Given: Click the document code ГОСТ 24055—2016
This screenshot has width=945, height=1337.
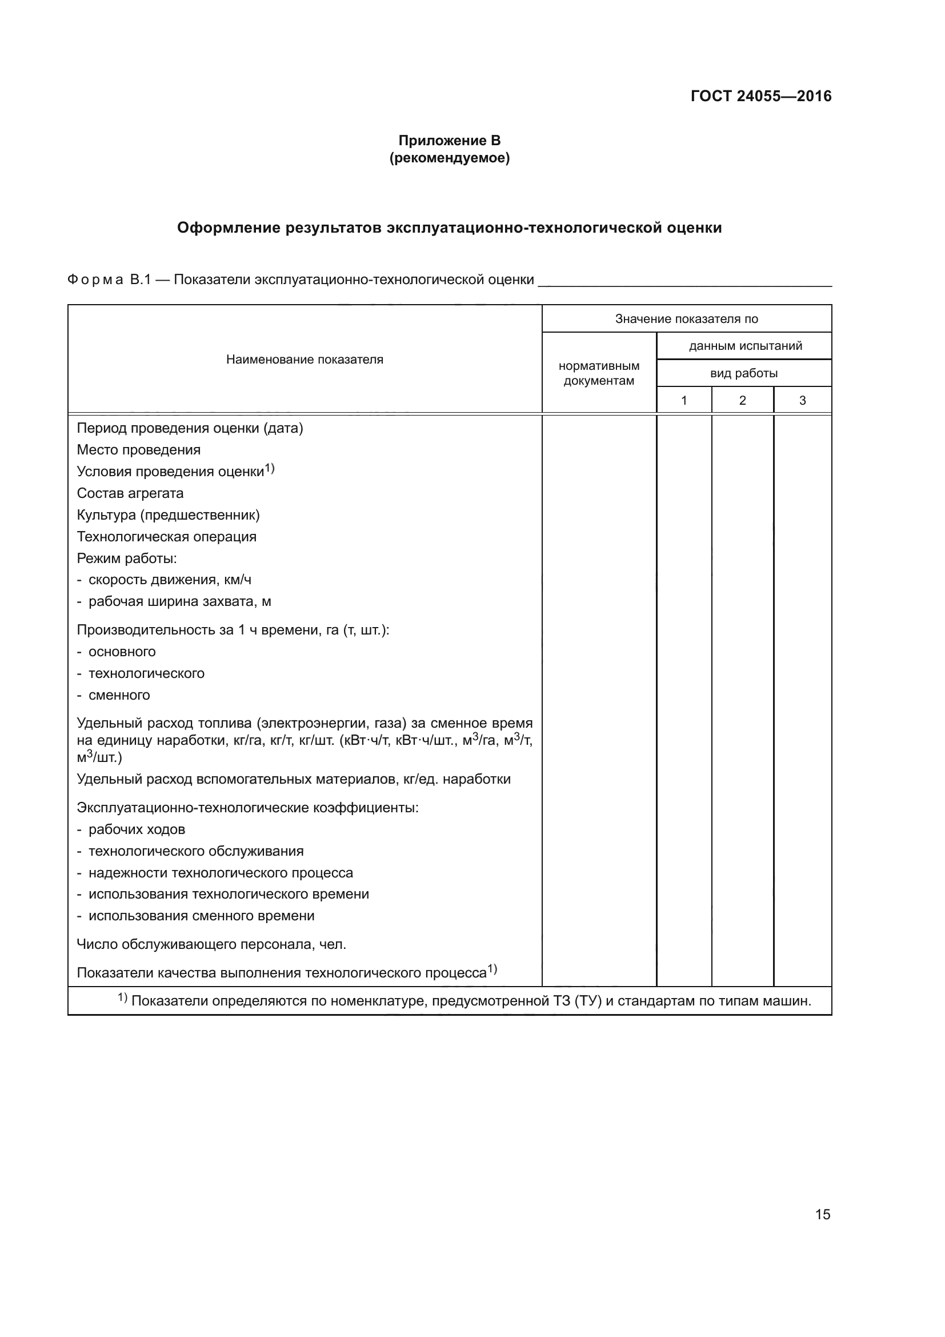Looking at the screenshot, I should click(x=760, y=96).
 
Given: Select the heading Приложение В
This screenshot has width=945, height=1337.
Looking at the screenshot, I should click(x=449, y=141).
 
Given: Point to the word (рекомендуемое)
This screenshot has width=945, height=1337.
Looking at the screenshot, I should click(x=449, y=158).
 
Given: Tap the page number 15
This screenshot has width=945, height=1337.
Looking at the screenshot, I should click(x=822, y=1214).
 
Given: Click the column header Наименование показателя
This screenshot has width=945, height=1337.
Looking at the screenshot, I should click(x=305, y=360).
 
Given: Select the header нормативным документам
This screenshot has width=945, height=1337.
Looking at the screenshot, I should click(x=599, y=373).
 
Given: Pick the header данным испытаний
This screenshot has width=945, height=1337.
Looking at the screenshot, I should click(x=745, y=346).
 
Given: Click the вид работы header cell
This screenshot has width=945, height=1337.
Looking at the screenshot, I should click(x=744, y=373).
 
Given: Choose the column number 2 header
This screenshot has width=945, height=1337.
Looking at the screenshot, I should click(x=742, y=401).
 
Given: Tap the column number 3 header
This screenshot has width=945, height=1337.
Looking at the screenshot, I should click(x=802, y=401).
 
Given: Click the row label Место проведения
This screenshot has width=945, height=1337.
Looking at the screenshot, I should click(x=138, y=450).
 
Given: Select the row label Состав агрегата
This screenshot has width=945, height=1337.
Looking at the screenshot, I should click(x=130, y=493).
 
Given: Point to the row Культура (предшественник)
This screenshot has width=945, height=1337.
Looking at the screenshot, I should click(x=168, y=515).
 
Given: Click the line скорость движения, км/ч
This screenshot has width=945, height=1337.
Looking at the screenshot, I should click(x=169, y=580).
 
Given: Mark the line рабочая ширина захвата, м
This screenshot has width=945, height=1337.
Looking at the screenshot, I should click(x=179, y=601).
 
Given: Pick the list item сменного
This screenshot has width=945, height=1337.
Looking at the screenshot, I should click(x=119, y=695).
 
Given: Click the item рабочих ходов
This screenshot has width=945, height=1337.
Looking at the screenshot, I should click(x=136, y=829).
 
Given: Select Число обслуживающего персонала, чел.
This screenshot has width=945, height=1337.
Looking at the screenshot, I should click(x=211, y=944).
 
